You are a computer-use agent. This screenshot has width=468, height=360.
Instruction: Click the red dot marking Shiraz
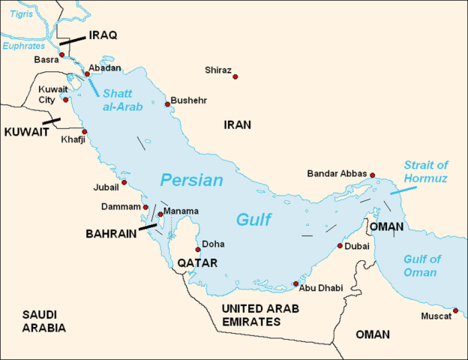tap(235, 77)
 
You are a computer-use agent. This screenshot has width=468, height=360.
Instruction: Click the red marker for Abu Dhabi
tap(295, 284)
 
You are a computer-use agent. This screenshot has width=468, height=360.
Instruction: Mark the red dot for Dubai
tap(340, 245)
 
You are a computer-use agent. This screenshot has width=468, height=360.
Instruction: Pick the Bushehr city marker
tap(167, 105)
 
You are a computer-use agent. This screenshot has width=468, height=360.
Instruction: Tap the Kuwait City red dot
tap(66, 99)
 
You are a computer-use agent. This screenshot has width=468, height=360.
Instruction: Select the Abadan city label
tap(104, 67)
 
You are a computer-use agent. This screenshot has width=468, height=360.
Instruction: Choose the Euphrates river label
tap(24, 46)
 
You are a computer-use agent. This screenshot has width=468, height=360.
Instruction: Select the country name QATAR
tap(197, 263)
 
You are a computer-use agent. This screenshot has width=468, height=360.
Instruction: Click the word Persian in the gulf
tap(191, 181)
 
